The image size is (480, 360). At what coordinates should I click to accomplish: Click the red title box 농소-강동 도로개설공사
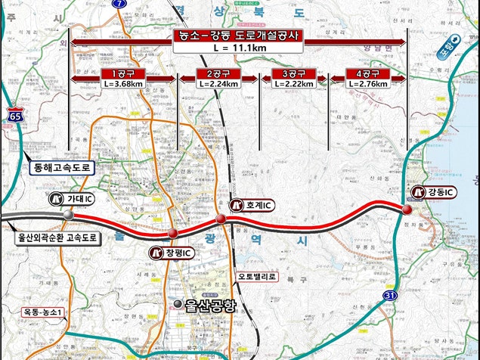click(x=239, y=36)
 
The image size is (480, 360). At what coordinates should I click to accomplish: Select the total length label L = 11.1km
click(x=239, y=48)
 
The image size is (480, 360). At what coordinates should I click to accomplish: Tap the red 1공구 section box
click(x=122, y=73)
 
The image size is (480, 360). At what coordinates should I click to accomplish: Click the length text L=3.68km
click(x=122, y=84)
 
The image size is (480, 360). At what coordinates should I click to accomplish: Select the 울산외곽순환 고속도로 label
click(x=58, y=237)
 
